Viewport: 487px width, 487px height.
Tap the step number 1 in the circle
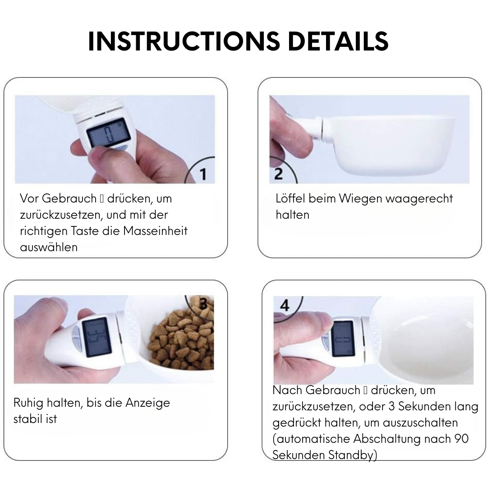coord(203,174)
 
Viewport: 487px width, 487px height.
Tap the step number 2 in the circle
coord(278,174)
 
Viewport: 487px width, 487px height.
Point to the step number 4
coord(285,305)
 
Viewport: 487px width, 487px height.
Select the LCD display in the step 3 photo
coord(96,337)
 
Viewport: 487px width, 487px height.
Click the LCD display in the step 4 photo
coord(343,339)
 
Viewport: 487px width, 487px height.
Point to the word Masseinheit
coord(155,231)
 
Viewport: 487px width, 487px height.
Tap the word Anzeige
coord(147,403)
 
